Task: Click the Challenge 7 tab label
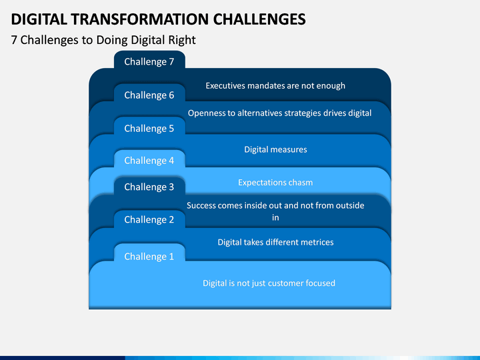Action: click(149, 62)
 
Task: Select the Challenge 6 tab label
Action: click(149, 95)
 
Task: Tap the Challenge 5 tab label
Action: click(149, 129)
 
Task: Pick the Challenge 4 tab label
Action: click(149, 161)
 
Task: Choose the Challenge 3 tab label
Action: click(149, 187)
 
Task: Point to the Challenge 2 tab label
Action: click(149, 220)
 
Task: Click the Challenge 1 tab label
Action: click(149, 257)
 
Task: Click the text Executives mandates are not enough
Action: click(275, 86)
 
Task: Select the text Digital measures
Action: click(275, 150)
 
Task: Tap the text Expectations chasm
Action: click(275, 183)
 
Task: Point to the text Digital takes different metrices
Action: click(275, 243)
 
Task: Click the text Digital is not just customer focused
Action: click(269, 283)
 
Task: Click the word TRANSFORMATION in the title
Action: click(140, 19)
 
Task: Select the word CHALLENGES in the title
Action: click(259, 19)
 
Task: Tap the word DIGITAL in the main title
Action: click(39, 19)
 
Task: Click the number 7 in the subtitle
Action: click(14, 40)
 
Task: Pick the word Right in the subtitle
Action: click(183, 40)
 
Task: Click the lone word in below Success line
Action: click(275, 217)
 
